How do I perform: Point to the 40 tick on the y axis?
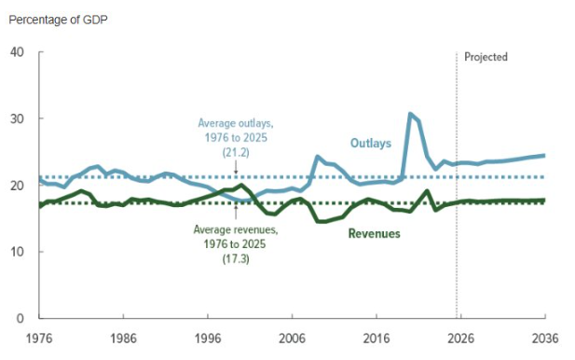click(x=16, y=52)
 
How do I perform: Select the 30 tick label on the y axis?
click(x=16, y=119)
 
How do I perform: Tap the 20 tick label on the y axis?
click(x=16, y=186)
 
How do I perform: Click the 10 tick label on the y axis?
click(x=16, y=252)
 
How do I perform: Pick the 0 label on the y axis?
click(x=20, y=318)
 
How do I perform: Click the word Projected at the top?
click(x=486, y=57)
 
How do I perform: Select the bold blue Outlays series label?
click(x=370, y=143)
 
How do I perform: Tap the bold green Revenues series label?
click(x=374, y=233)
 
